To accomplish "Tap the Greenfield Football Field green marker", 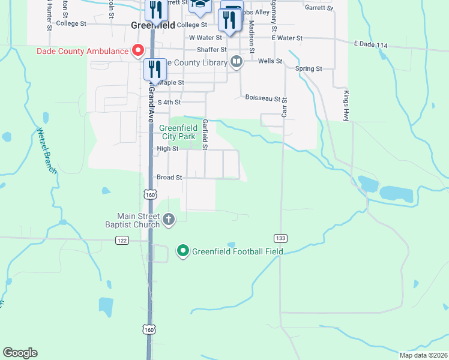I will (183, 251).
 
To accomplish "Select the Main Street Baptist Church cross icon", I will (169, 220).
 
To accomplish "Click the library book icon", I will (237, 62).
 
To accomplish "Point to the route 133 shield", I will (280, 239).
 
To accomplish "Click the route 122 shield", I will (122, 240).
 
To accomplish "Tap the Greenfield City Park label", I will (178, 132).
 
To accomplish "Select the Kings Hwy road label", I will (346, 106).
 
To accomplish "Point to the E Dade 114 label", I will (372, 44).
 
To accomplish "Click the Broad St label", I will (169, 178).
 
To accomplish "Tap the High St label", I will (167, 149).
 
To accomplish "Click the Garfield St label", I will (205, 134).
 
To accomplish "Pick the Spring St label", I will (309, 69).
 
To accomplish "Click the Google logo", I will (20, 353).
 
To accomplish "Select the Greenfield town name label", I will (152, 26).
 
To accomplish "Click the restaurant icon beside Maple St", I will (155, 68).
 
